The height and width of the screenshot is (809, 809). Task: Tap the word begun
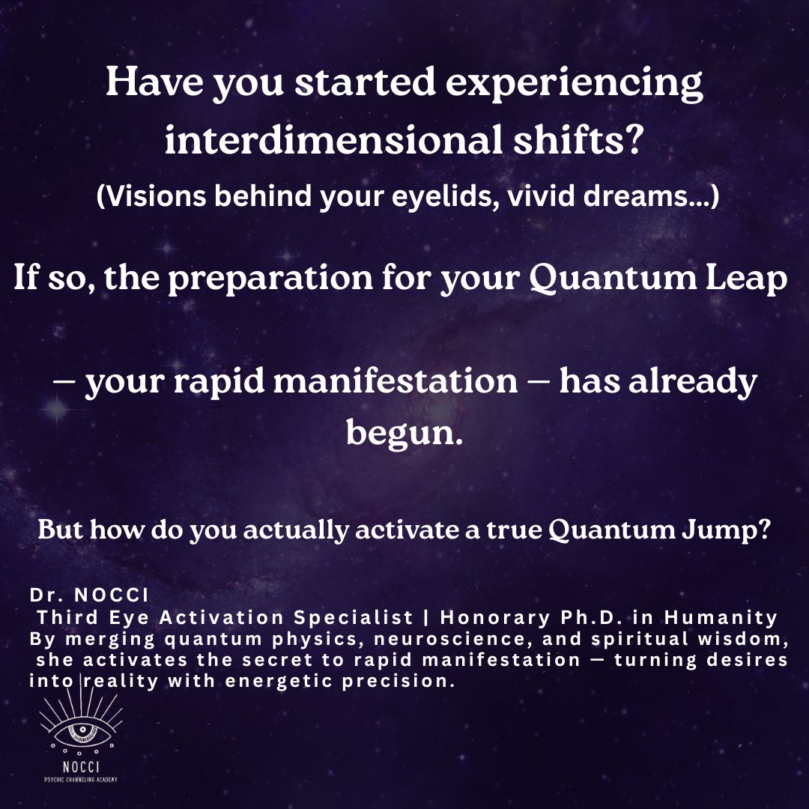coord(400,434)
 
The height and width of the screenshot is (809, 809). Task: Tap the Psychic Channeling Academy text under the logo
coord(79,780)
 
